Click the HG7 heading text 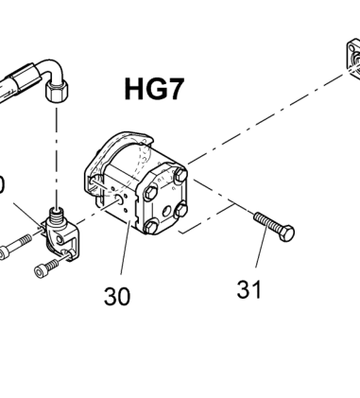tap(154, 89)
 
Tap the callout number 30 tap(117, 296)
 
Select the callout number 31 tap(249, 289)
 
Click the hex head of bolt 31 tap(286, 234)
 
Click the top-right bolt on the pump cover tap(180, 176)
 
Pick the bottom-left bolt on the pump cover tap(150, 226)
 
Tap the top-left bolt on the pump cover tap(151, 192)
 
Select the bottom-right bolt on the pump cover tap(181, 210)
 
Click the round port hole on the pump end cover tap(166, 210)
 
